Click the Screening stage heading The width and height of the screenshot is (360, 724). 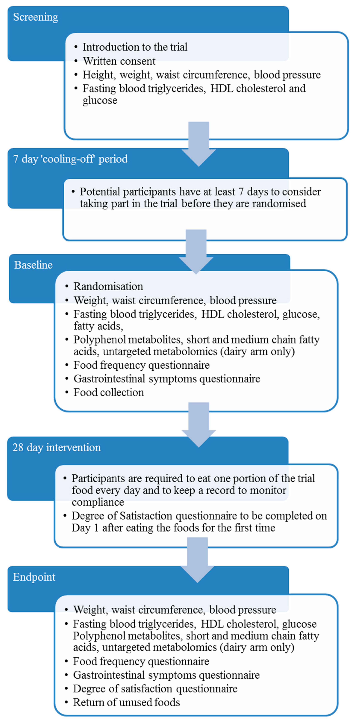[x=36, y=17]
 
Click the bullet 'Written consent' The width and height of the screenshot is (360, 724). [x=119, y=61]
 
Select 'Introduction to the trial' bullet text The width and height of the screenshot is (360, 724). [x=135, y=47]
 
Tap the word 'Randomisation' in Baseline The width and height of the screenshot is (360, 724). [x=108, y=286]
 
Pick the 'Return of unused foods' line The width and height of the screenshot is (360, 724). [x=126, y=702]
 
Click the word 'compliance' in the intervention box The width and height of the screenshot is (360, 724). [x=98, y=502]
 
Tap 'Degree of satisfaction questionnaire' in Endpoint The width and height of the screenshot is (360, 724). [x=155, y=689]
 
